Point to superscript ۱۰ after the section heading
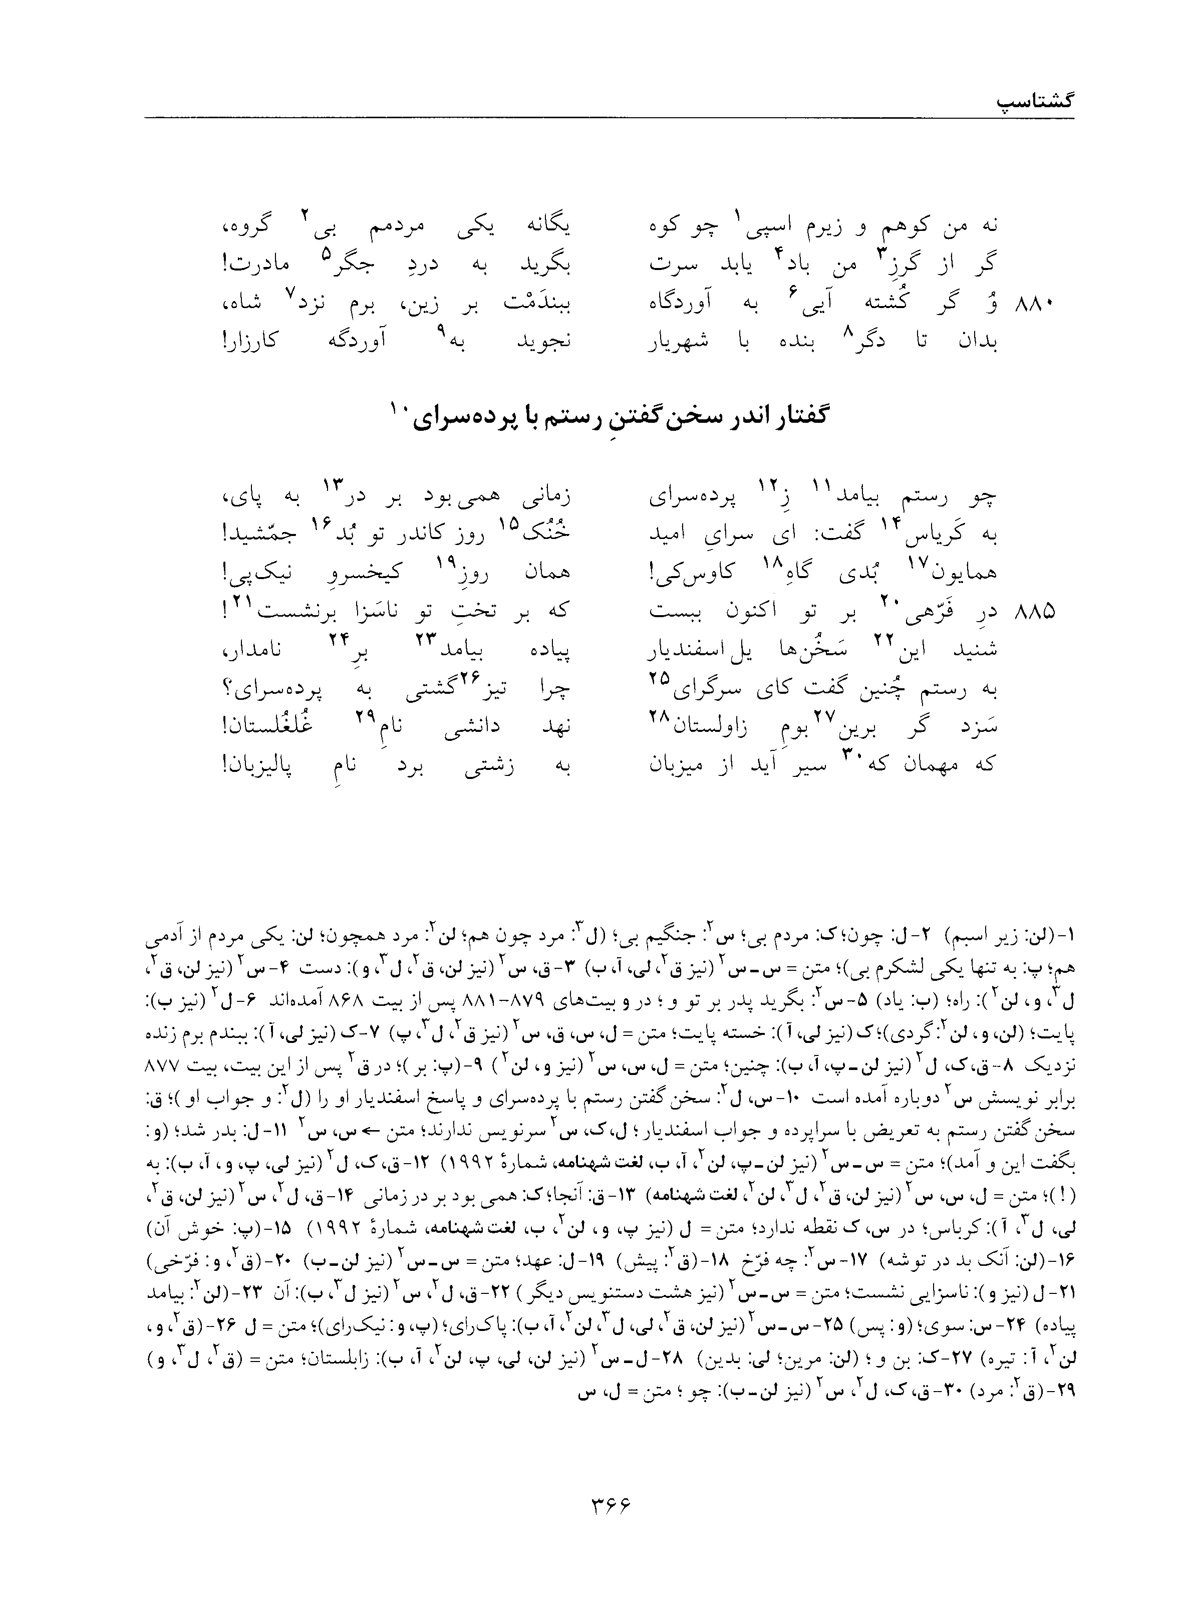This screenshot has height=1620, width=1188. (x=399, y=409)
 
